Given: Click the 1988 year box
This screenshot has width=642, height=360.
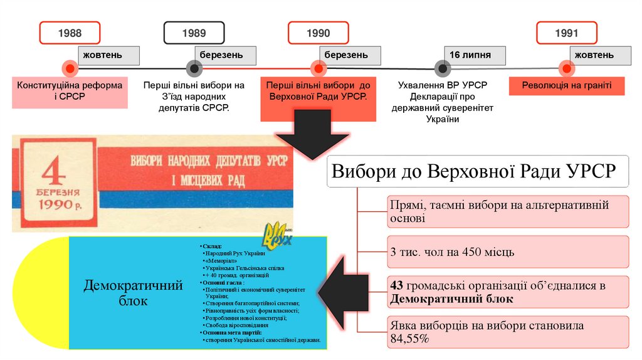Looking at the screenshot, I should (x=70, y=33).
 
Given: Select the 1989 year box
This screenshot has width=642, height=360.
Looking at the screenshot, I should (x=194, y=33).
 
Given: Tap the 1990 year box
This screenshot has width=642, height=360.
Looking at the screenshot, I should (x=318, y=33).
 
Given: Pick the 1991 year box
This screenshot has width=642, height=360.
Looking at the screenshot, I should (x=566, y=33).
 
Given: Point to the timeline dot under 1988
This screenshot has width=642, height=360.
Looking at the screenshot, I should (x=70, y=68).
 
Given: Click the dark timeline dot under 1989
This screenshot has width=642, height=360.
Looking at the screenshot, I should (x=194, y=68).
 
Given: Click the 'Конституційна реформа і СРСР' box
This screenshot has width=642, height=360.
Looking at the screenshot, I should (x=70, y=91).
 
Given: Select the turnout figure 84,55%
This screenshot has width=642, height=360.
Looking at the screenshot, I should (x=409, y=339).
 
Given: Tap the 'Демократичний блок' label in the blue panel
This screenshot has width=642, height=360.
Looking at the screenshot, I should (x=133, y=293).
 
